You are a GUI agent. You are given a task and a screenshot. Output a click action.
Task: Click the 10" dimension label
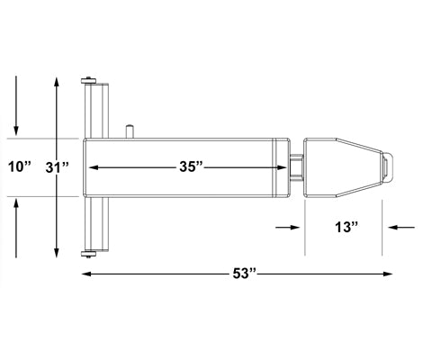coord(19,166)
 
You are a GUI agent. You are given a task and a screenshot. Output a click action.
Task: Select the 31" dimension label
coord(58,166)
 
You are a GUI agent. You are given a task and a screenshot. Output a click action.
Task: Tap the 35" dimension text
coord(190,166)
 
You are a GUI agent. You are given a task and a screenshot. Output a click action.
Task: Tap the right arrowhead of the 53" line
coord(390,271)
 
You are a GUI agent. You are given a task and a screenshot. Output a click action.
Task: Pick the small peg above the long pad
coord(131,130)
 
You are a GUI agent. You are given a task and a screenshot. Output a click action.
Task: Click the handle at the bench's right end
coord(388,166)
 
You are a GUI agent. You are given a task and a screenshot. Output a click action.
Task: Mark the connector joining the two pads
coord(296,166)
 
